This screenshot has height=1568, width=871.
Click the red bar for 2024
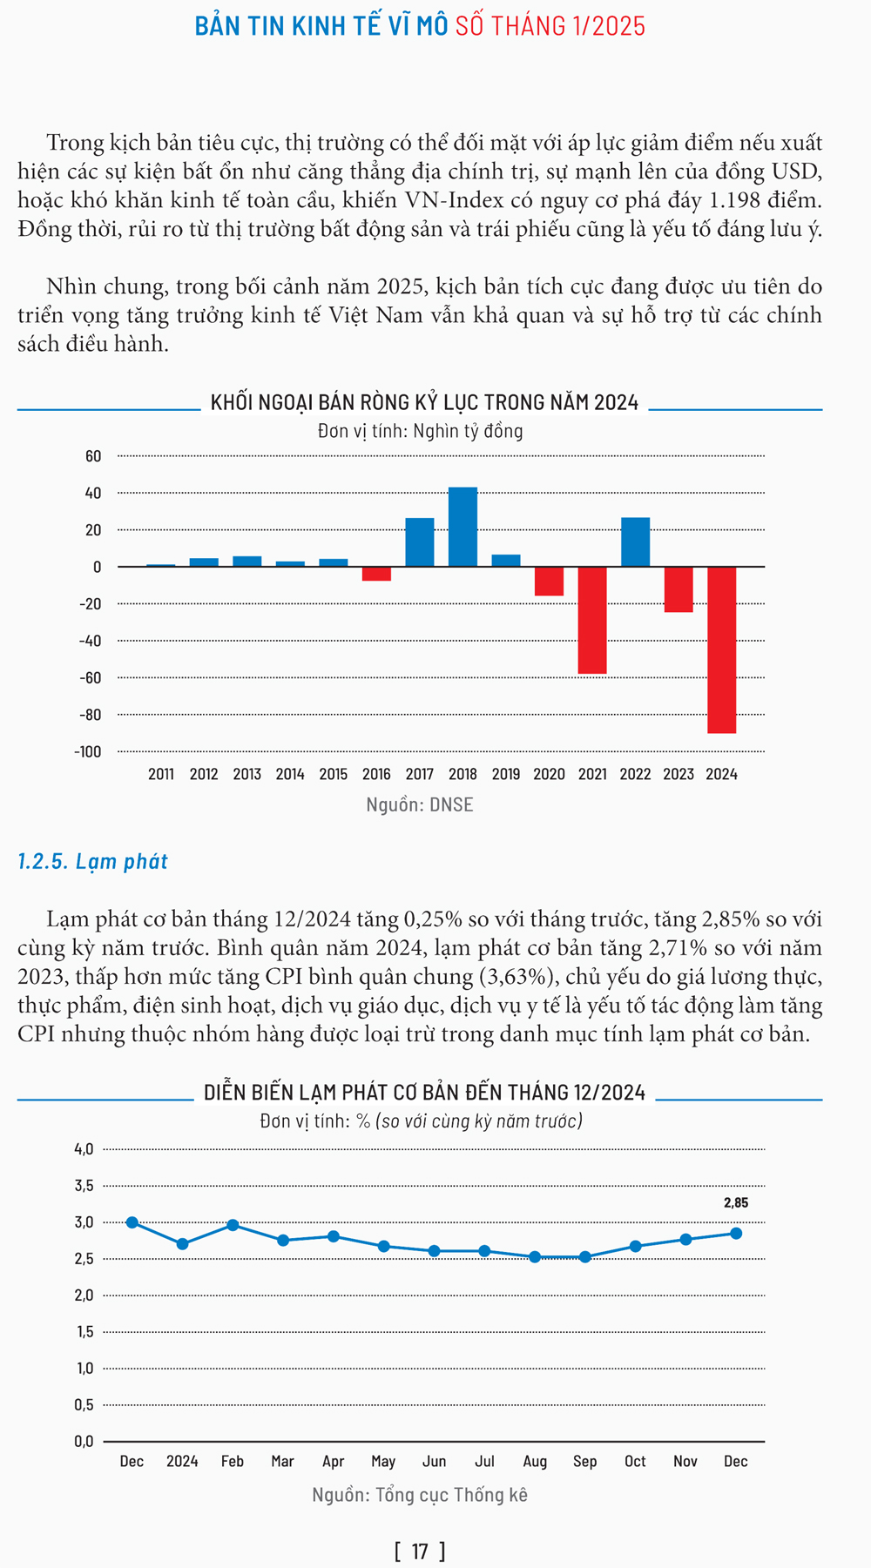(721, 649)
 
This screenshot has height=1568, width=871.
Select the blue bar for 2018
(463, 527)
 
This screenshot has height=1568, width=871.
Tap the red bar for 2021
(592, 620)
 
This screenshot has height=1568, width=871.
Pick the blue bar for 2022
(635, 542)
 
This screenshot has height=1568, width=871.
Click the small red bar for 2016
(376, 574)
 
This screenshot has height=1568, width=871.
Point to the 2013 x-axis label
(246, 774)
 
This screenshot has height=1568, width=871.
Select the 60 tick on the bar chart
(93, 456)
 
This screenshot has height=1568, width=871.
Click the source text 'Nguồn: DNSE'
(420, 804)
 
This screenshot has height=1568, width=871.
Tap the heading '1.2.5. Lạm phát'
(92, 861)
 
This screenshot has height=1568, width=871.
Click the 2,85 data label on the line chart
(736, 1203)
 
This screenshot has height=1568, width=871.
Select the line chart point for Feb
(233, 1225)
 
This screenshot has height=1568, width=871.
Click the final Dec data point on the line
(736, 1233)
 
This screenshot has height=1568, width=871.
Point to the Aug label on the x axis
(535, 1461)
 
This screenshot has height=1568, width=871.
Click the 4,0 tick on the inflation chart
(84, 1149)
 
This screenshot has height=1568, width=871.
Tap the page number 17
(420, 1551)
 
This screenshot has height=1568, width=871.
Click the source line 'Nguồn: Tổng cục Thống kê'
(420, 1495)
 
